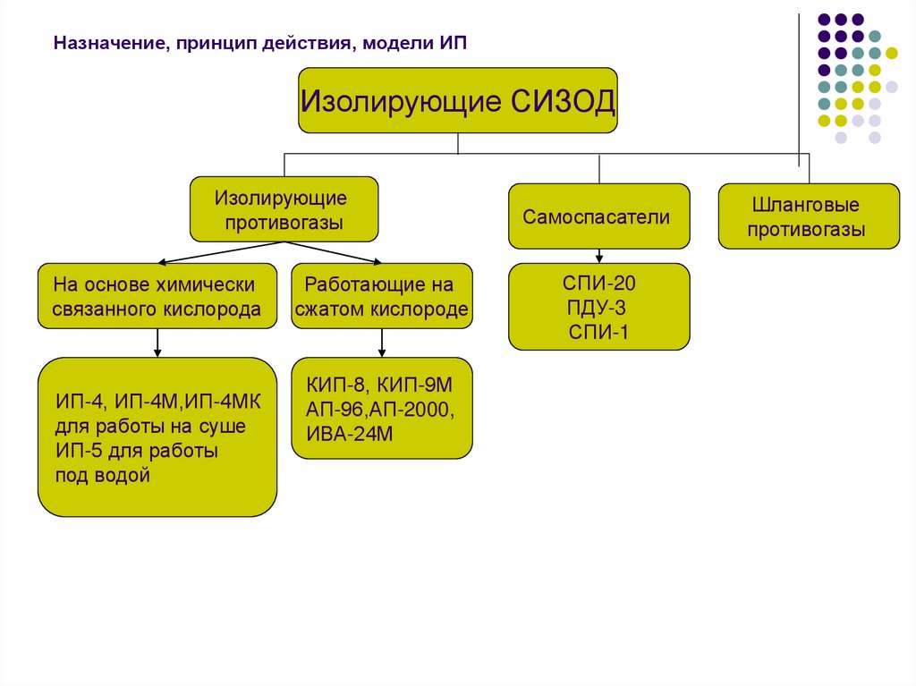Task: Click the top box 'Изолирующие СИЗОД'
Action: (458, 100)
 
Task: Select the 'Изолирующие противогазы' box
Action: (284, 209)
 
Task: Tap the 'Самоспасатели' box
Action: (598, 216)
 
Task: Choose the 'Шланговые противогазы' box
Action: (808, 216)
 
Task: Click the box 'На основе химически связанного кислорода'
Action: (157, 296)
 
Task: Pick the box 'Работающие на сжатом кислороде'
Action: (382, 296)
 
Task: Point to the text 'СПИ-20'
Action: (598, 284)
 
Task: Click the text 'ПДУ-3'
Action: (597, 309)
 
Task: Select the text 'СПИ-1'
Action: (598, 333)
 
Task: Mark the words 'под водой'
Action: (102, 475)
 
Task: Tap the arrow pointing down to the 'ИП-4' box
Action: (157, 344)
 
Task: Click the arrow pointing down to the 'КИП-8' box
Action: (382, 344)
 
